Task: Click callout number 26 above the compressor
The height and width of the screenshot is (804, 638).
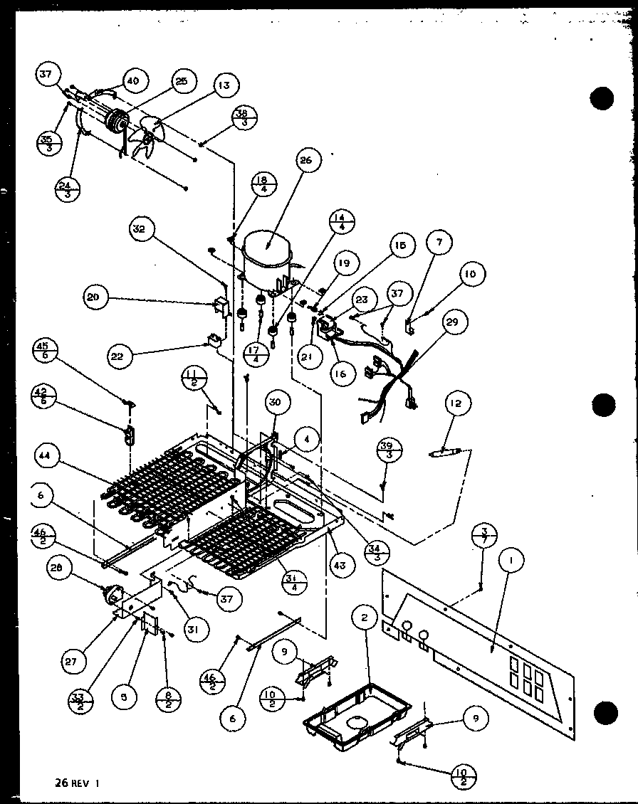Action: click(x=306, y=161)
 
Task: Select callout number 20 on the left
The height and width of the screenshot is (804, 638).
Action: click(x=93, y=299)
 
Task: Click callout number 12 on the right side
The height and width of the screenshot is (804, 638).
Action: click(x=454, y=404)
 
